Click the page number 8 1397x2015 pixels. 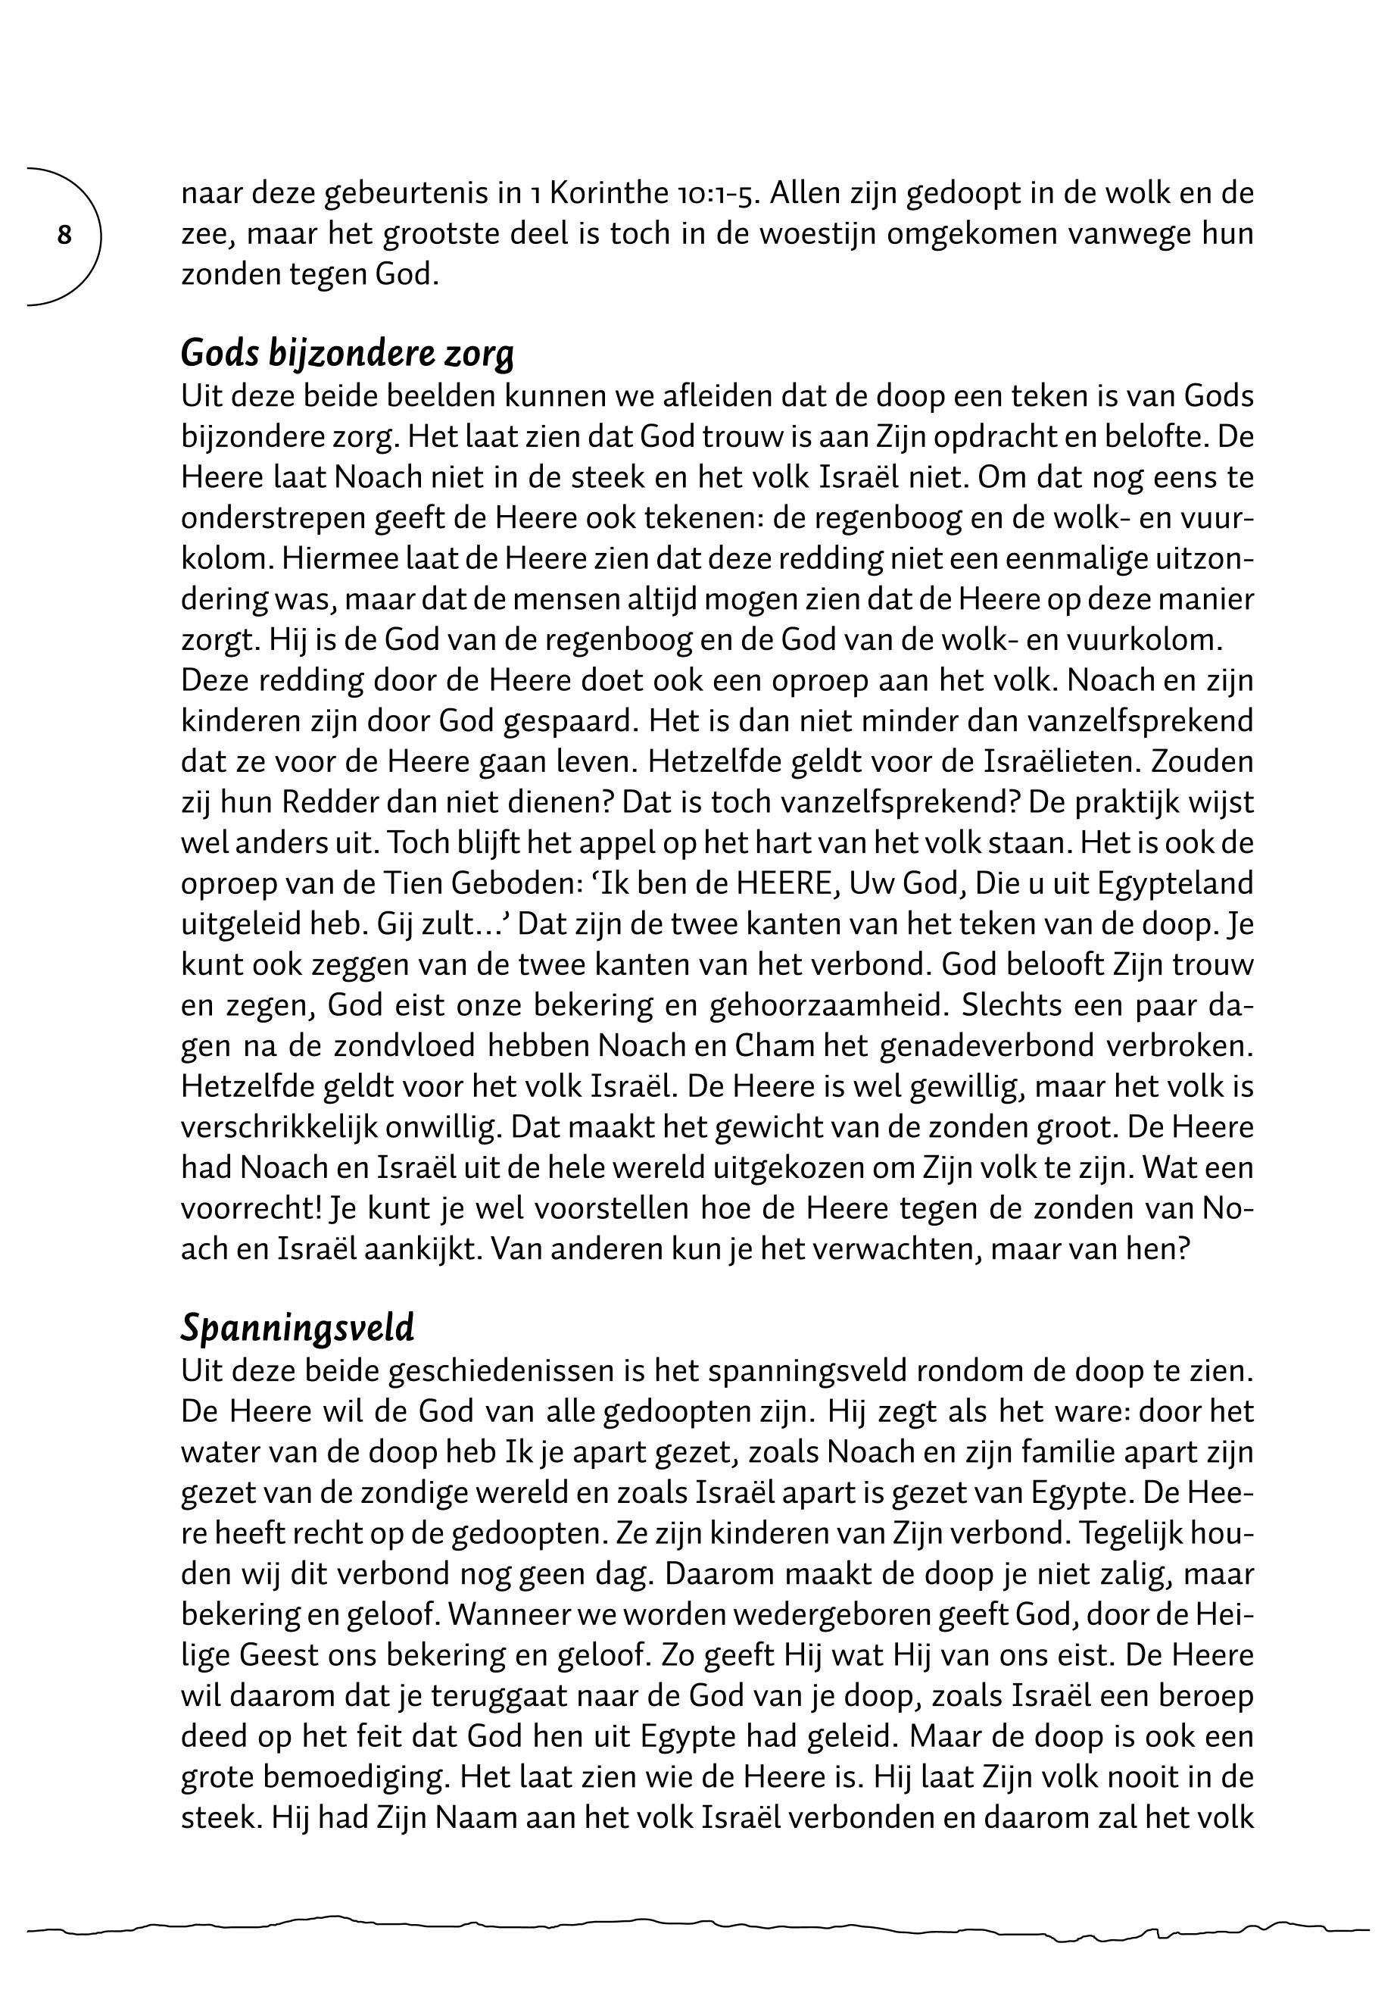pyautogui.click(x=64, y=236)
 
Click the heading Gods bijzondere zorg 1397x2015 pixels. pyautogui.click(x=347, y=354)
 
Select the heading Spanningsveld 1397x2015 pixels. pyautogui.click(x=298, y=1329)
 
